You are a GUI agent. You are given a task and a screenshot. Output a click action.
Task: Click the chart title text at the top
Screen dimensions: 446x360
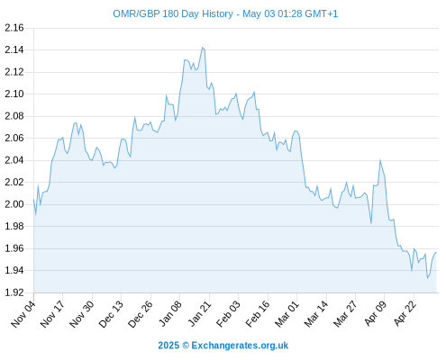pos(225,13)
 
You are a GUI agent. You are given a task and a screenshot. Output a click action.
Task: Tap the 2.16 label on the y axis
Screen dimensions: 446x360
pos(14,28)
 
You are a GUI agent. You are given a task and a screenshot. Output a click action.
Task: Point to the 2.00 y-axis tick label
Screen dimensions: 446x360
pos(14,204)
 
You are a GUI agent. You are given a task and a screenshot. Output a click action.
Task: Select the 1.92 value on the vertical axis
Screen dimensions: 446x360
pos(14,292)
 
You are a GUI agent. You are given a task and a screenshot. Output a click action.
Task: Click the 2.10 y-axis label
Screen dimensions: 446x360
pos(14,94)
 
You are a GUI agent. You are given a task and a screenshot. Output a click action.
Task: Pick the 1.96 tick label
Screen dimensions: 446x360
pos(14,248)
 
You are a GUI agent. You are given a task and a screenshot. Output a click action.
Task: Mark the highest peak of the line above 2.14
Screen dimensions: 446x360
pos(202,48)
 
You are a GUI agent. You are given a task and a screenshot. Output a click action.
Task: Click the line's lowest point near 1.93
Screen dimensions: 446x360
pos(427,278)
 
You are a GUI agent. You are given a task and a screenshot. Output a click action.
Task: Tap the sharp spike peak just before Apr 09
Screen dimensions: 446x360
pos(380,160)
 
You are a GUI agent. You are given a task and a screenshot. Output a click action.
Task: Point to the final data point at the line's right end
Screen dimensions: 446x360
pos(436,253)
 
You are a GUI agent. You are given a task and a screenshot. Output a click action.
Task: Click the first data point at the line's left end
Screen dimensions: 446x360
pos(33,199)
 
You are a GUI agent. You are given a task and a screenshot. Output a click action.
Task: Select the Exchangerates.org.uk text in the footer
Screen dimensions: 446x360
pos(240,346)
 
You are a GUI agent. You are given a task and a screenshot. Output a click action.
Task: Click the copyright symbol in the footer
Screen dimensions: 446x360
pos(186,346)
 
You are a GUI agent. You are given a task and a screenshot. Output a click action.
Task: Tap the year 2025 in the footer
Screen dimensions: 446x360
pos(168,346)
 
